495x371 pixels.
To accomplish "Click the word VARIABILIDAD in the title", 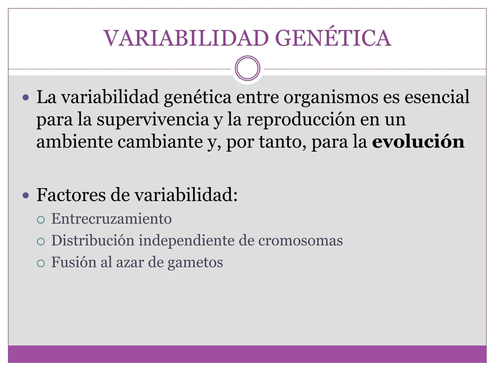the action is click(186, 38).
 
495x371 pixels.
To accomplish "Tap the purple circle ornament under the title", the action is click(247, 68).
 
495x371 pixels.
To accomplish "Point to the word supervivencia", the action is click(153, 120).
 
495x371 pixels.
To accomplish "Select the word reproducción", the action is click(301, 120).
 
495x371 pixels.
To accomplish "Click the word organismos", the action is click(331, 97).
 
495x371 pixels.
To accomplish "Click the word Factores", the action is click(71, 195).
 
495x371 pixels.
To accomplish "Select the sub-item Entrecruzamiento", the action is click(111, 218).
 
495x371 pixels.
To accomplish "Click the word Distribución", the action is click(93, 240).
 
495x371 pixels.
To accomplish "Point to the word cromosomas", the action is click(300, 240).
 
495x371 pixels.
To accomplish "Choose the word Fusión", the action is click(74, 262).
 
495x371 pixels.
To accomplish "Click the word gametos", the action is click(195, 263).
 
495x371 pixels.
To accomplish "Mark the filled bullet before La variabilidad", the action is click(26, 98).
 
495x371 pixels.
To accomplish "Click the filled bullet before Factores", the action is click(26, 195).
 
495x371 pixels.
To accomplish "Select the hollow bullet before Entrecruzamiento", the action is click(41, 220).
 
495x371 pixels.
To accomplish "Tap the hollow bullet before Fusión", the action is click(41, 263).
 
